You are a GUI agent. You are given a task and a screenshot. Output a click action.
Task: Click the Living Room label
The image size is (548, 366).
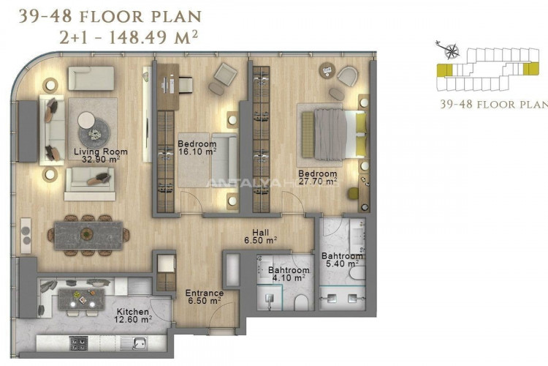(x=101, y=152)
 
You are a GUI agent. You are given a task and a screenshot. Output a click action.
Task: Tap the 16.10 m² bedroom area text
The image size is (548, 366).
(x=197, y=152)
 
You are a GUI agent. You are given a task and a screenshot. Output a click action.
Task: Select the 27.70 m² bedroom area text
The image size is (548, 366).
(x=318, y=182)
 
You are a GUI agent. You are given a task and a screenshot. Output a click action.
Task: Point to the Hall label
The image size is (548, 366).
(x=261, y=233)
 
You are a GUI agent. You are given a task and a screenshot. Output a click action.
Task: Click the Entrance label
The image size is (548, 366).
(x=204, y=293)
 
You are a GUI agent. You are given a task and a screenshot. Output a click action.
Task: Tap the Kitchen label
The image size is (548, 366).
(x=132, y=311)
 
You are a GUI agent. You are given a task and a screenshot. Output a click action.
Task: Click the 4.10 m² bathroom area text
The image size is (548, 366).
(x=289, y=278)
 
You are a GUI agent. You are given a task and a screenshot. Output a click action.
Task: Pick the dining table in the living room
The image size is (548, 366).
(x=88, y=236)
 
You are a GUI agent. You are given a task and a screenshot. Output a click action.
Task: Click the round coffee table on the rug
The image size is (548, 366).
(x=94, y=132)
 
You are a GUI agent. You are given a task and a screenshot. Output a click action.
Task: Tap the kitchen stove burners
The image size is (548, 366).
(x=79, y=343)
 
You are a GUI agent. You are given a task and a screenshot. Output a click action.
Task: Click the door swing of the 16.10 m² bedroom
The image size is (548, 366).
(x=191, y=202)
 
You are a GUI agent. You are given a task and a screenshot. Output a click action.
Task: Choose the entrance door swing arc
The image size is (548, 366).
(x=224, y=316)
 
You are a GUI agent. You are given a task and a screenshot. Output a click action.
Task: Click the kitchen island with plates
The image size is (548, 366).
(x=81, y=299)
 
